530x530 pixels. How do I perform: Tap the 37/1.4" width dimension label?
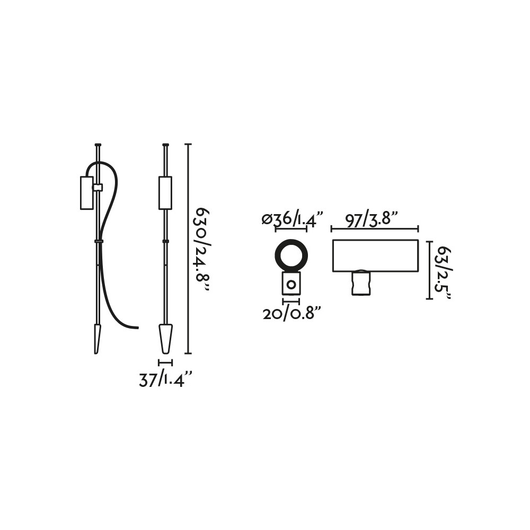tap(165, 379)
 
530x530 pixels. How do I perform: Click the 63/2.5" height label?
tap(443, 270)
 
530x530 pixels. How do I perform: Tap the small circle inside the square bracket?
tap(291, 285)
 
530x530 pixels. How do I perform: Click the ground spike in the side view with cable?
tap(97, 339)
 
